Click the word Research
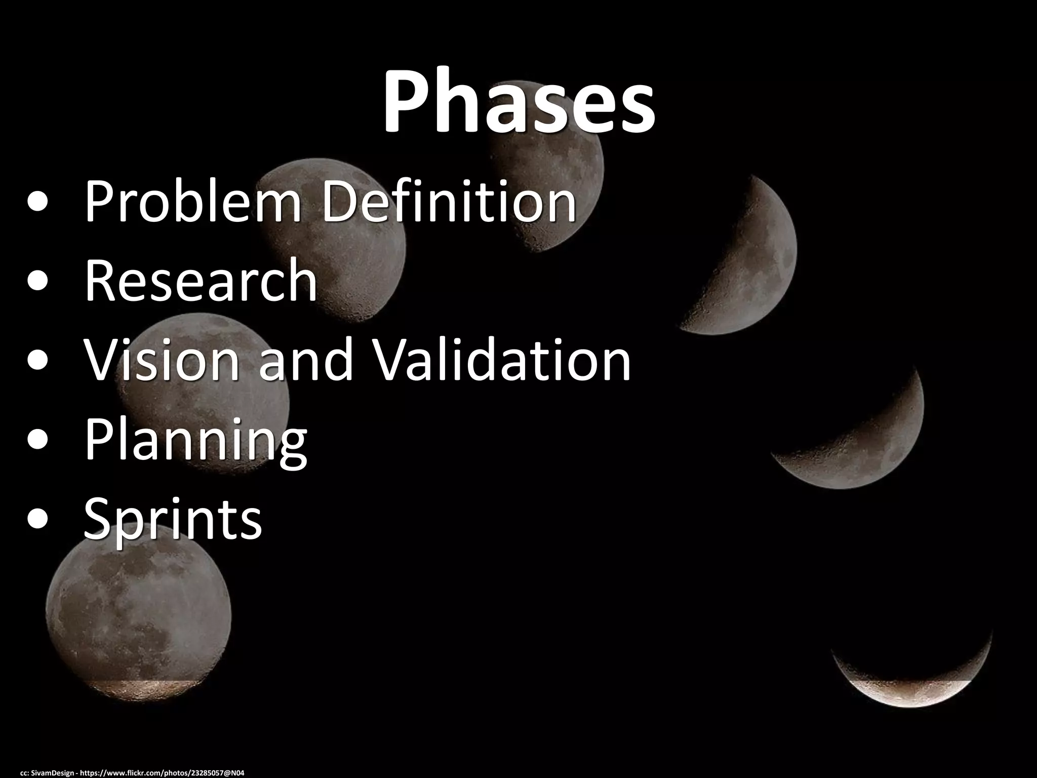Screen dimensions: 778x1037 tap(201, 280)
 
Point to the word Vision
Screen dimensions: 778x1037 tap(161, 360)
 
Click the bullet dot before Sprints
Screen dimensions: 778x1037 tap(39, 520)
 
